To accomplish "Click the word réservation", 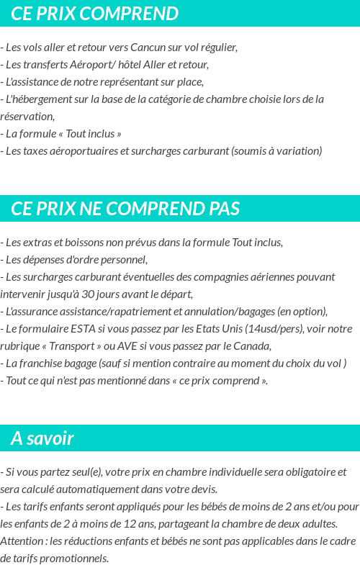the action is pyautogui.click(x=27, y=117).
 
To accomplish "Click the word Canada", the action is pyautogui.click(x=251, y=346).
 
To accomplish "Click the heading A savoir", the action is pyautogui.click(x=42, y=438).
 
